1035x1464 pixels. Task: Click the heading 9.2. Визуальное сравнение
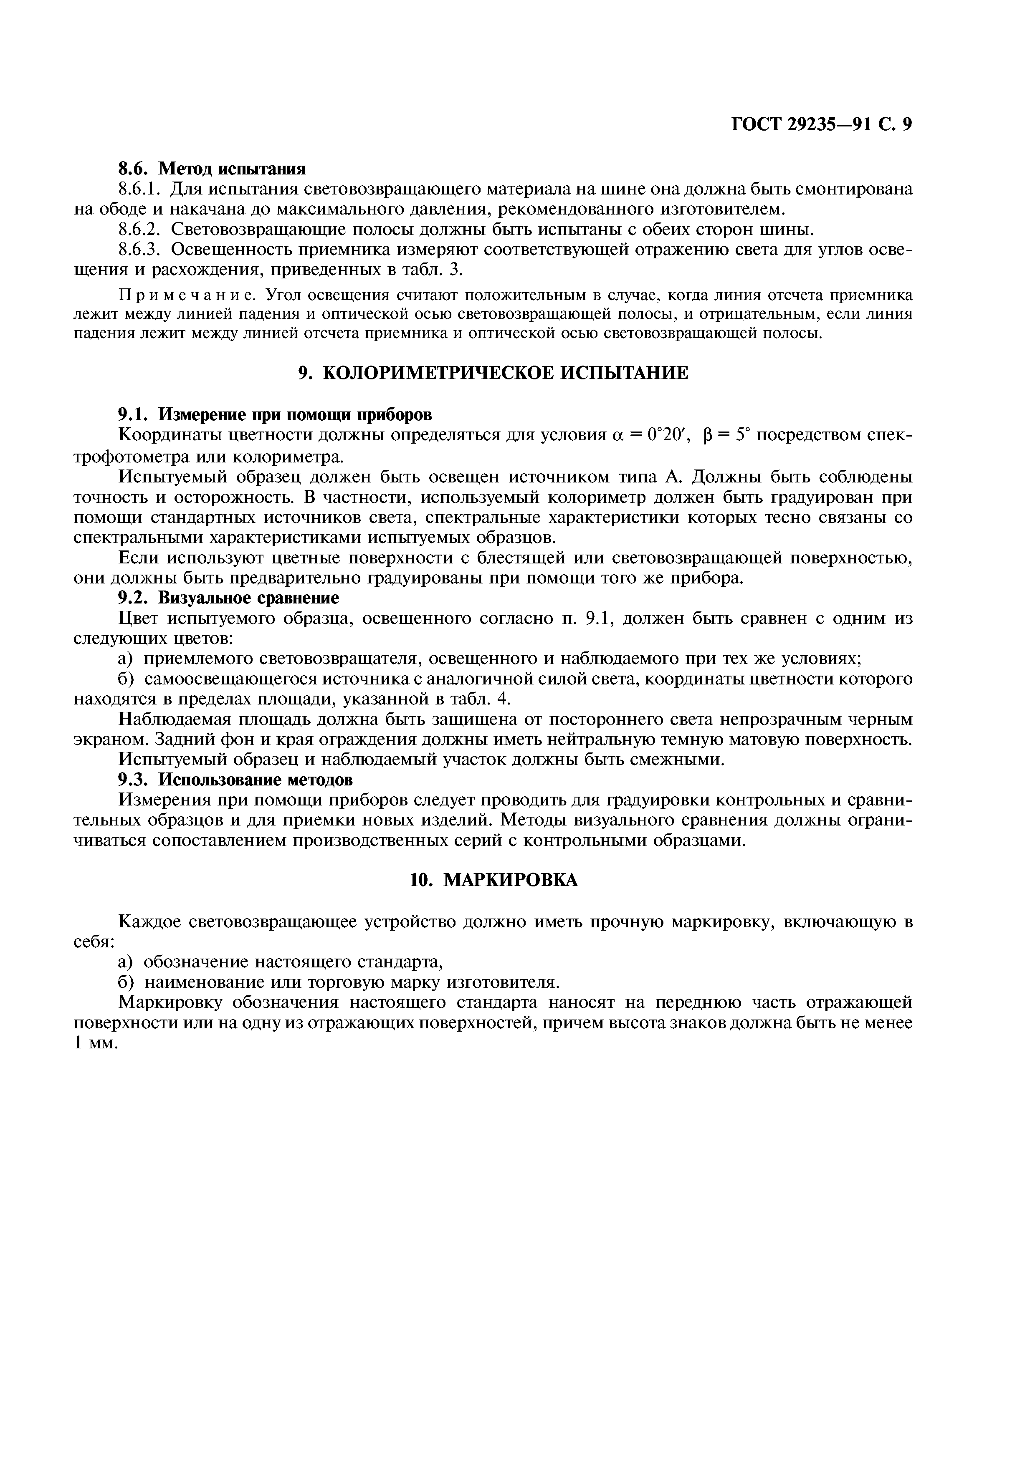229,598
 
